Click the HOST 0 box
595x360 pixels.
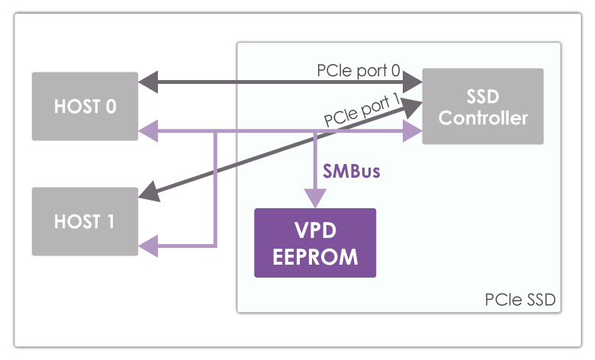(85, 106)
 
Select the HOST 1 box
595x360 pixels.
(85, 221)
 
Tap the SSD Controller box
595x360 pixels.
(483, 106)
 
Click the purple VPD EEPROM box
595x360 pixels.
(315, 243)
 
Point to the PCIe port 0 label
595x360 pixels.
(359, 70)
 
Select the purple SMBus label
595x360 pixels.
(351, 172)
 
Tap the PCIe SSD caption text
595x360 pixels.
(519, 300)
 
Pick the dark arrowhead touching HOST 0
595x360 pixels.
(148, 78)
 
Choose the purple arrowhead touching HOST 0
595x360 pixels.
(148, 131)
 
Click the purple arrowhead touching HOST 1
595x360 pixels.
(148, 245)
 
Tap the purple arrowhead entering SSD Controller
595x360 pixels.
(413, 131)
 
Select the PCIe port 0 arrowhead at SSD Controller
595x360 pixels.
(413, 78)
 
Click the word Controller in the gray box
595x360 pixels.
(483, 118)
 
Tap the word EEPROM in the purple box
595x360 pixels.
(315, 256)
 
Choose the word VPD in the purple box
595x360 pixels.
(315, 230)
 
